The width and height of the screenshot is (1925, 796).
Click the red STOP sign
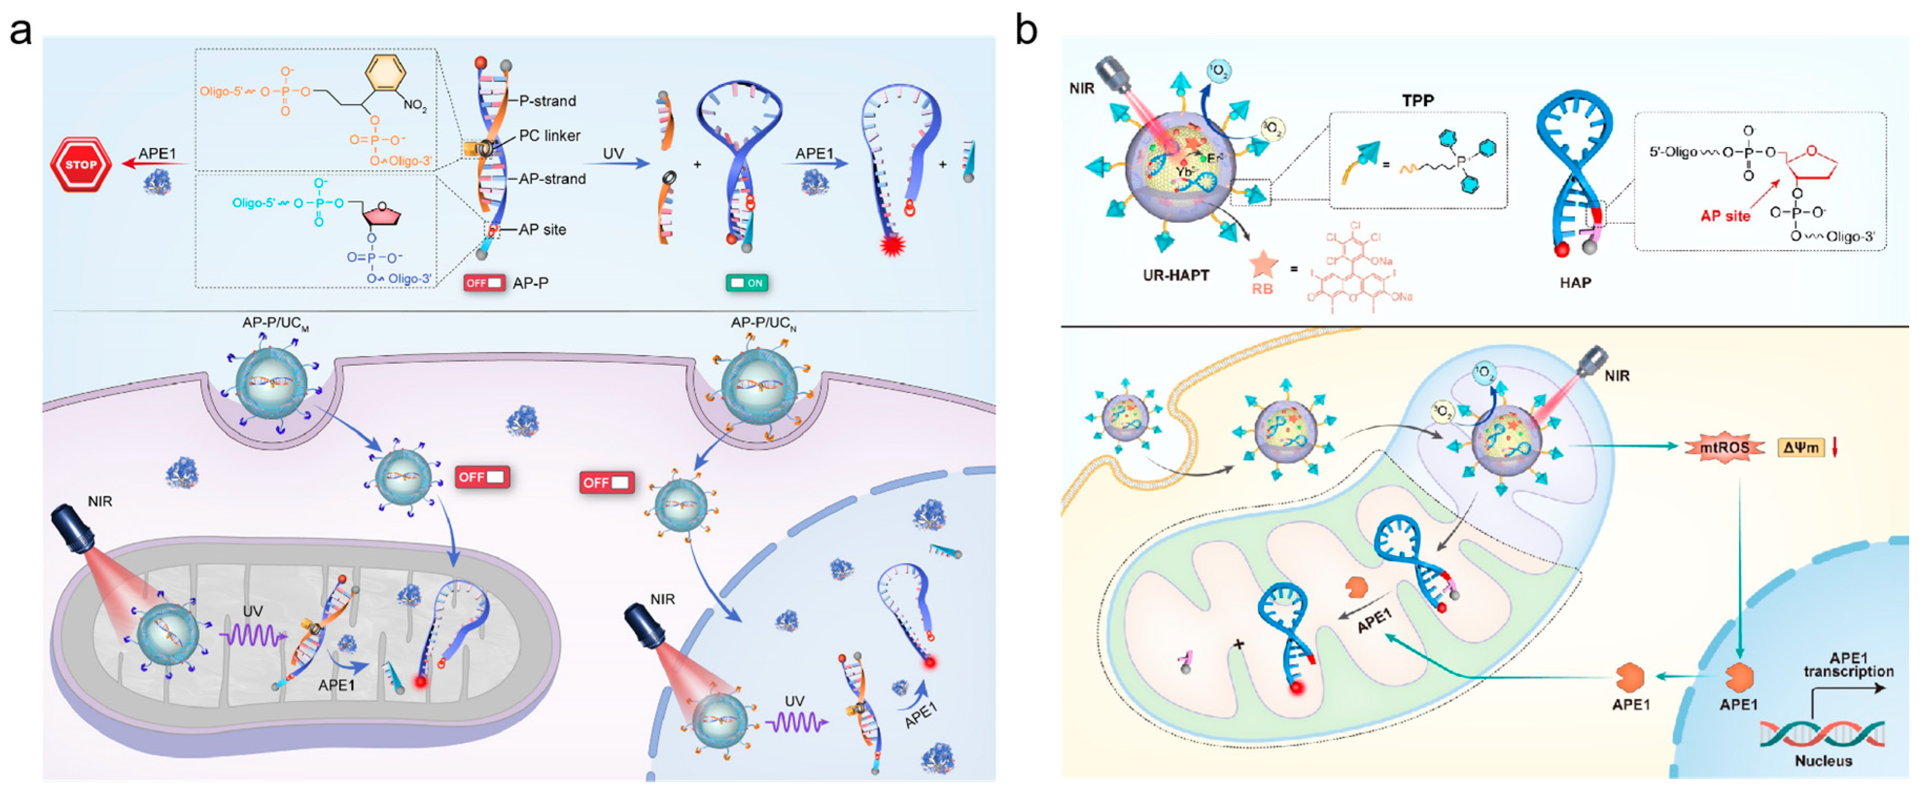[81, 164]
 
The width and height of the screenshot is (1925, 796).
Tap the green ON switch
[747, 283]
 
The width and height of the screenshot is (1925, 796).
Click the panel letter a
[20, 32]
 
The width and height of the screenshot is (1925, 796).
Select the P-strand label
[548, 101]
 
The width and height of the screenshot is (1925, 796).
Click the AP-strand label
[552, 179]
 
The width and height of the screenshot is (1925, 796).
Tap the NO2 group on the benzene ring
[415, 106]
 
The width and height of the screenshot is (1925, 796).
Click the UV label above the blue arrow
[613, 153]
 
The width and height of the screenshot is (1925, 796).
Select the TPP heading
[1418, 100]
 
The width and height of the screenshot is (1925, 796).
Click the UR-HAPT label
[1176, 275]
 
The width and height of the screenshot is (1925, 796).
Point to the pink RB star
[1263, 264]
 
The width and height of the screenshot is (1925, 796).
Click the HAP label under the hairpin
[1575, 283]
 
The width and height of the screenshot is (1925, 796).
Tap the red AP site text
[1725, 216]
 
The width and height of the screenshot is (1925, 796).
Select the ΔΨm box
[1800, 448]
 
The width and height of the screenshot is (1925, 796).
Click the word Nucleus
[1823, 761]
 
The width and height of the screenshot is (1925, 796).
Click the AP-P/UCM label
[275, 323]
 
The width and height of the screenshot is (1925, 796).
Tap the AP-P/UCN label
[763, 323]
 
